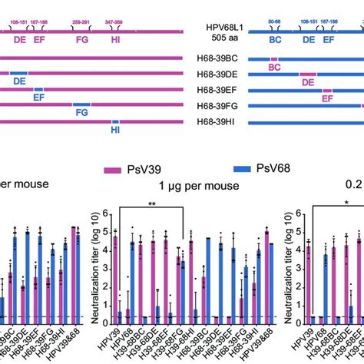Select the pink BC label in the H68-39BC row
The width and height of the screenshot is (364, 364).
coord(274,68)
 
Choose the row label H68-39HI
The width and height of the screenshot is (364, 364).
coord(223,122)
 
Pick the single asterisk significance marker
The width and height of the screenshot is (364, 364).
coord(346,202)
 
